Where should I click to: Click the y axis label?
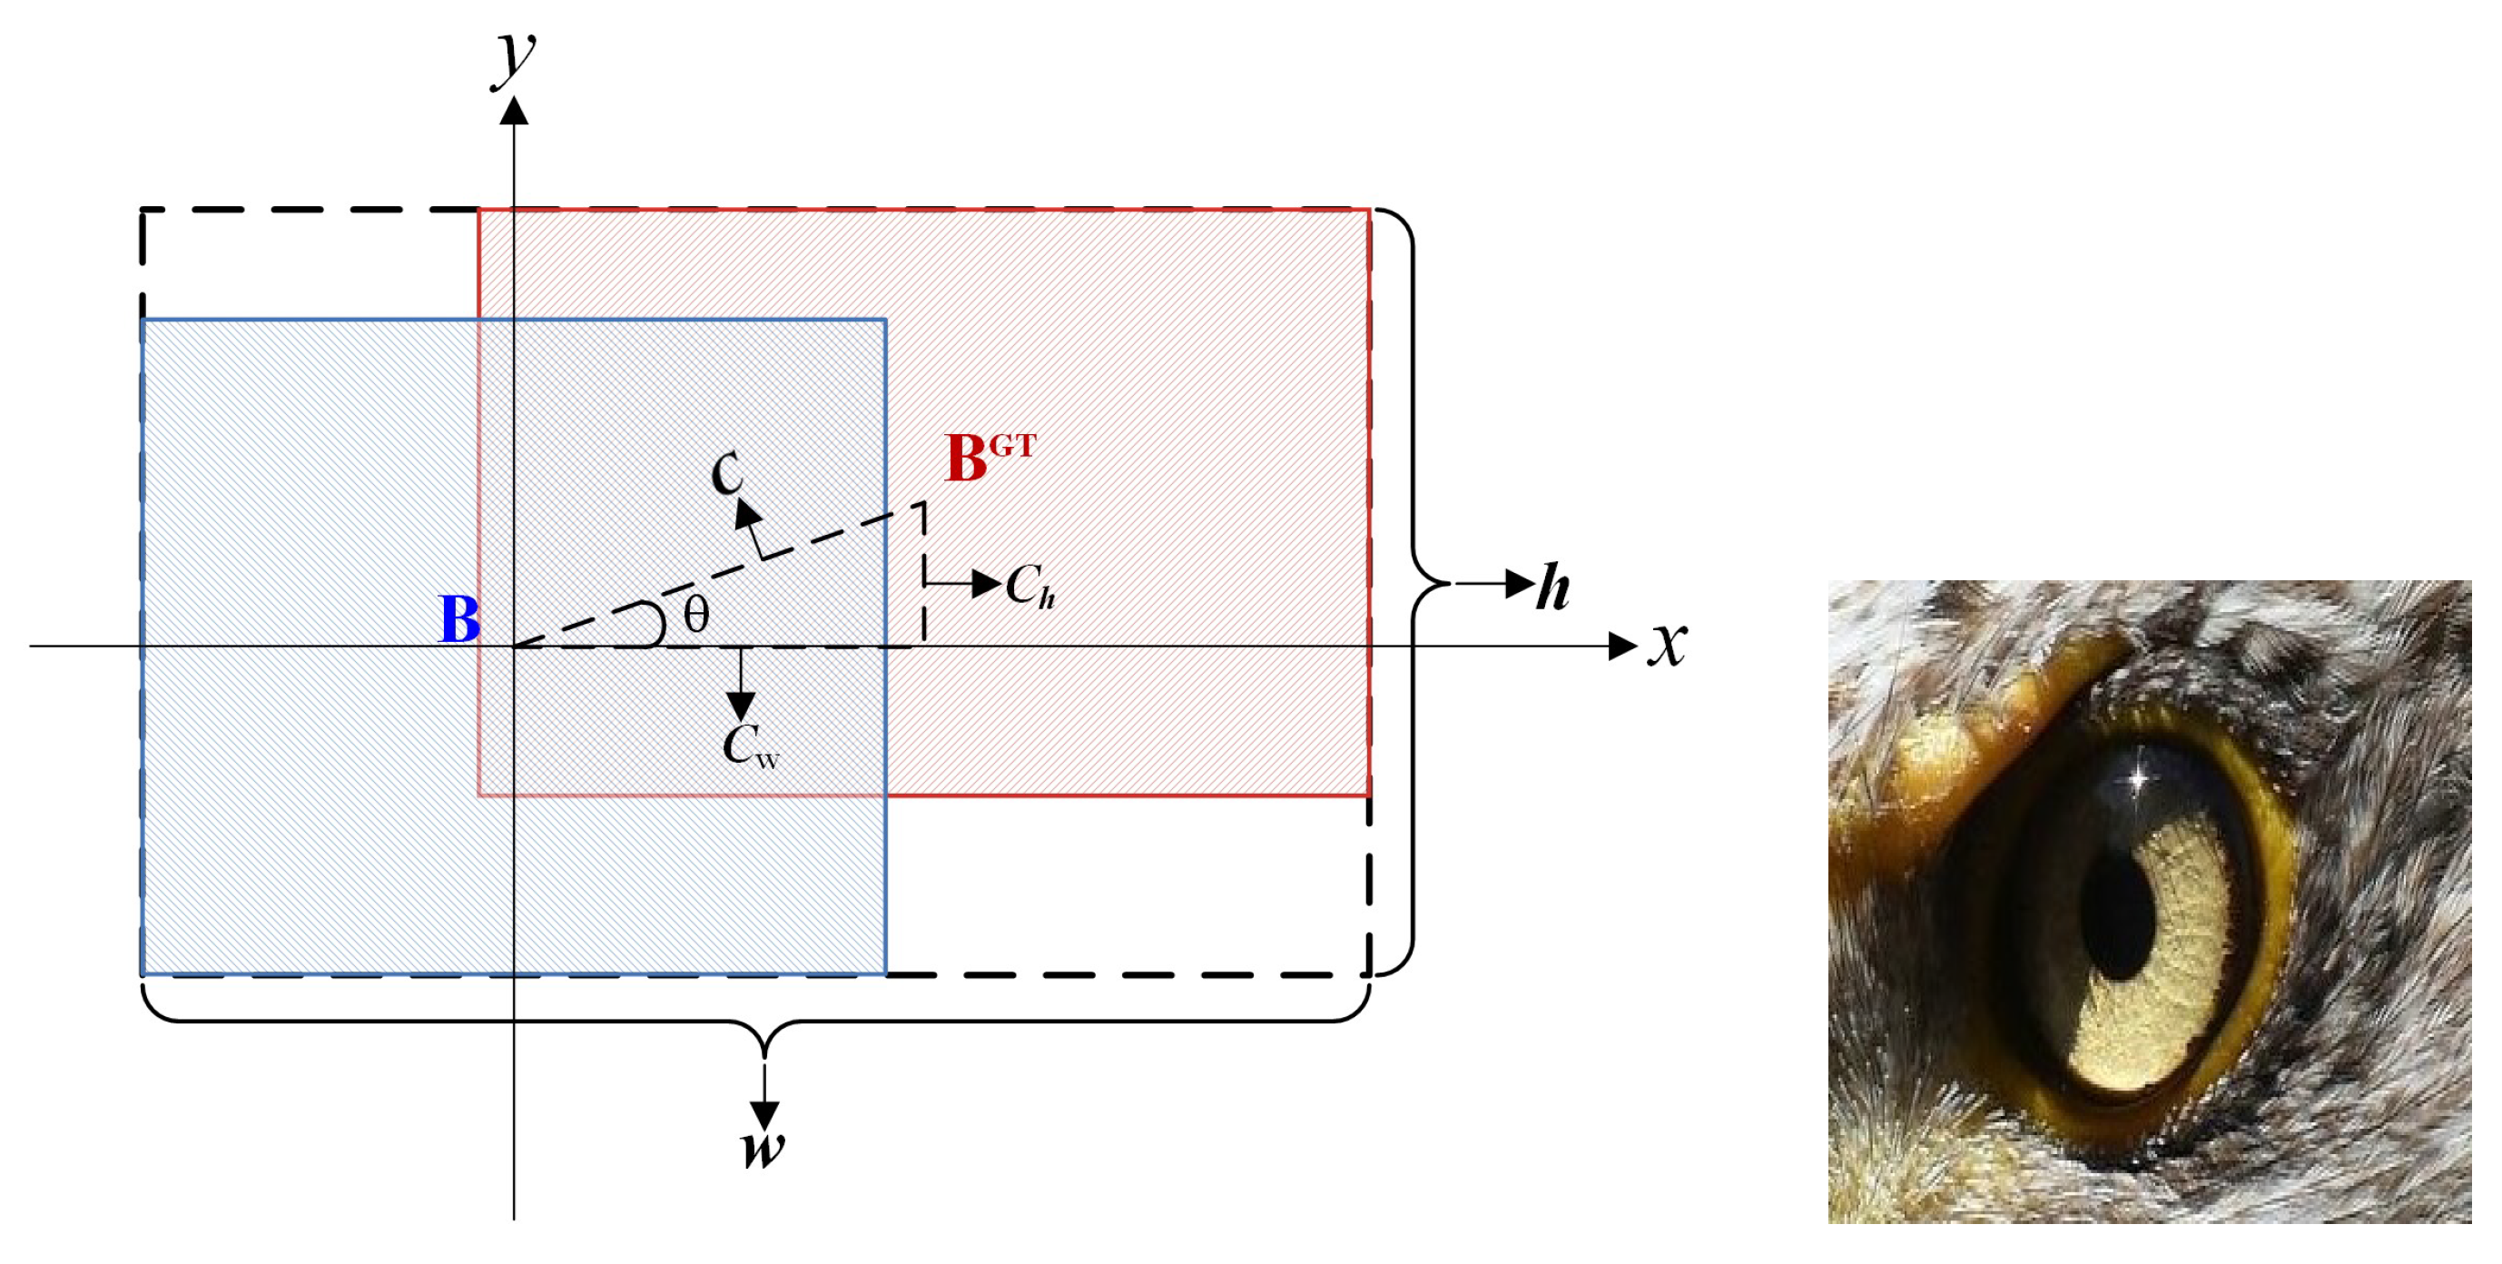(x=515, y=58)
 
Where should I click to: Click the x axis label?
(x=1668, y=644)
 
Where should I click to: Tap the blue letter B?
(x=459, y=619)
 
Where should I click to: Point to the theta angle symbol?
(x=696, y=615)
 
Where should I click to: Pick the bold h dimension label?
(x=1553, y=587)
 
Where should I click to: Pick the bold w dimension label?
(x=763, y=1148)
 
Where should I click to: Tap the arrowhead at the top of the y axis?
(x=514, y=111)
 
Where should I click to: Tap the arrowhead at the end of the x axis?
(x=1622, y=645)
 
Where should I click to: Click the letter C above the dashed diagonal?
(x=727, y=473)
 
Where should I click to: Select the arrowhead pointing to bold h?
(x=1519, y=584)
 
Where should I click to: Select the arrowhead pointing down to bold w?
(x=764, y=1115)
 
